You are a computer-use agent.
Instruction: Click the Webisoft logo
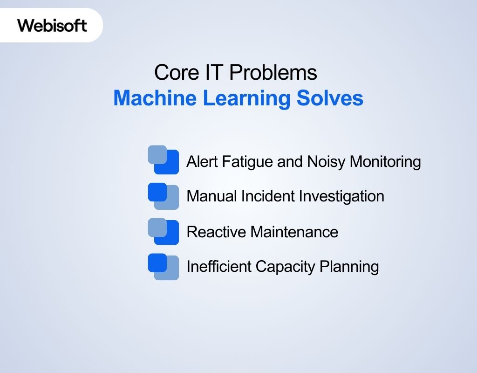click(x=52, y=25)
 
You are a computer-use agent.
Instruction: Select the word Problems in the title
click(x=273, y=73)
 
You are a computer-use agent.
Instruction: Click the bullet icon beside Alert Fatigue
click(x=163, y=160)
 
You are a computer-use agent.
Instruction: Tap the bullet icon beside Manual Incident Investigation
click(x=163, y=196)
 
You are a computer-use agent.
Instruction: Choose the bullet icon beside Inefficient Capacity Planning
click(x=163, y=267)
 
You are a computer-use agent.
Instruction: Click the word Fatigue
click(x=245, y=162)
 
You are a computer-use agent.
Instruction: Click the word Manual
click(x=212, y=196)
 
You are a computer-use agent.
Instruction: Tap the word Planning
click(x=349, y=267)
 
